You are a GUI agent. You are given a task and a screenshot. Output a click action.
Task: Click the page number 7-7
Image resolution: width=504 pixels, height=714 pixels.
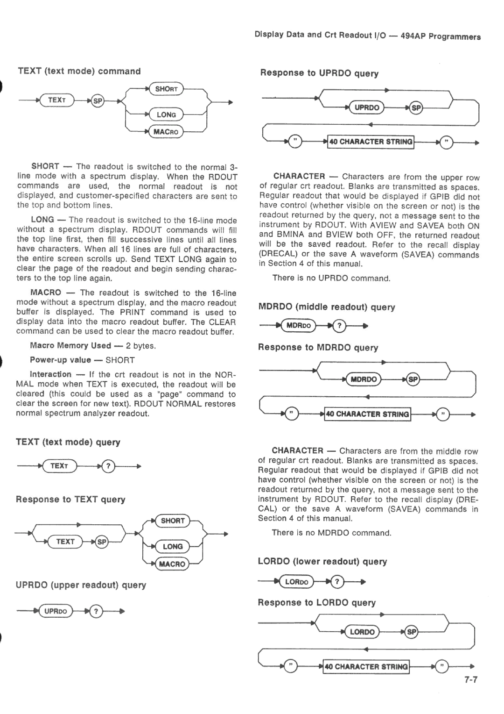point(471,680)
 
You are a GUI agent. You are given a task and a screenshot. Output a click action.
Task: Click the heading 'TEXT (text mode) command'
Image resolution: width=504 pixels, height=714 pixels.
point(79,71)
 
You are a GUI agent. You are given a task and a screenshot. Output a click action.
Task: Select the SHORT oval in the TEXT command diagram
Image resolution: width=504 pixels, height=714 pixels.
point(166,89)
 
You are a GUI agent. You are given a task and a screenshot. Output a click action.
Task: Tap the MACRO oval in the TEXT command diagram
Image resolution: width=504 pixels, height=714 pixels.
point(166,132)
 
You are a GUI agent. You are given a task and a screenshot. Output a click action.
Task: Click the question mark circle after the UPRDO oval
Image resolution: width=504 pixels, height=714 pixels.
point(96,611)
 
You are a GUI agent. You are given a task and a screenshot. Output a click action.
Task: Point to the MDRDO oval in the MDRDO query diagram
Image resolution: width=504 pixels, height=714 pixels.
point(298,325)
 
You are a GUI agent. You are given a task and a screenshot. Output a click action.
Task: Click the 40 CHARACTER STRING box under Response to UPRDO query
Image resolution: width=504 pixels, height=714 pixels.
point(370,142)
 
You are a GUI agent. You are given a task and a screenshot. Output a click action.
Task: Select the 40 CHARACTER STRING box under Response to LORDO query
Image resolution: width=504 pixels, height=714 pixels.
point(366,666)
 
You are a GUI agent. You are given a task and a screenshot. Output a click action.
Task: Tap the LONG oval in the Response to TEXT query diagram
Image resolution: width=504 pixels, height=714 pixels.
point(172,546)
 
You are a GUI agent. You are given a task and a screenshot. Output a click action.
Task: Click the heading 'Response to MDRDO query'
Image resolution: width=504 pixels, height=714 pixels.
point(318,348)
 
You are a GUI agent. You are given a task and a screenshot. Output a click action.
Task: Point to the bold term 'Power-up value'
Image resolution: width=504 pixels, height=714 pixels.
point(61,360)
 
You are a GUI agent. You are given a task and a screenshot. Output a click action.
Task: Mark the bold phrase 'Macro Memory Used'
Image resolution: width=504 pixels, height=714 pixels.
point(70,346)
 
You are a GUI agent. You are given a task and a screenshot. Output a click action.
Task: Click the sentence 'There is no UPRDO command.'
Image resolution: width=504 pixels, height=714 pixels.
point(331,278)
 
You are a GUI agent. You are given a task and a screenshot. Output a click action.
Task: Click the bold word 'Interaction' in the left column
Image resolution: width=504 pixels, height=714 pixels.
point(50,374)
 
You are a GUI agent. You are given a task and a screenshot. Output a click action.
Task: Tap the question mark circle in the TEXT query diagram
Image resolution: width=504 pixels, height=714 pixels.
point(107,466)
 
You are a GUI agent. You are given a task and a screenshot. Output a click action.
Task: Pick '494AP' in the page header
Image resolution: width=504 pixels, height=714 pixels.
point(413,36)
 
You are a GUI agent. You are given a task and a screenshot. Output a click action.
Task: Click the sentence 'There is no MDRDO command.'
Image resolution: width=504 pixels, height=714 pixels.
point(331,533)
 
